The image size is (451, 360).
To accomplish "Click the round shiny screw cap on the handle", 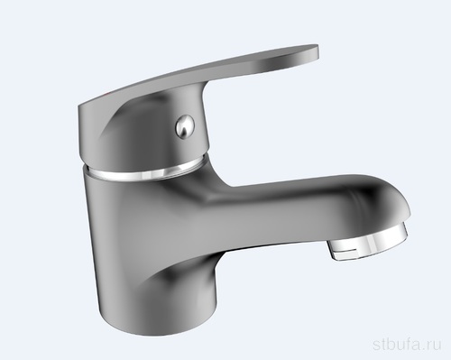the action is pos(185,127).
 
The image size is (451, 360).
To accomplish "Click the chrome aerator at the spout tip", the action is pos(369,242).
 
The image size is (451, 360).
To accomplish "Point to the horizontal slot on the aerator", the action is pos(349,249).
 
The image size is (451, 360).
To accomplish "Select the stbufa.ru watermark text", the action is pos(407,344).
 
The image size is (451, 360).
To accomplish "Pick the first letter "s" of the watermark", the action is pos(376,346).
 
